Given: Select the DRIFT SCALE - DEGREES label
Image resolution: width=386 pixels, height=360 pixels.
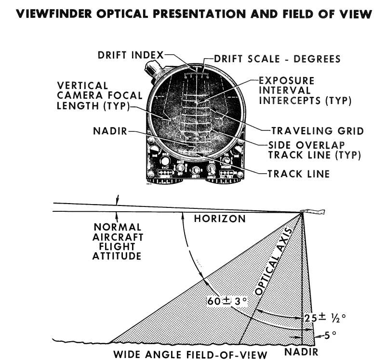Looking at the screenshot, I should pyautogui.click(x=277, y=59).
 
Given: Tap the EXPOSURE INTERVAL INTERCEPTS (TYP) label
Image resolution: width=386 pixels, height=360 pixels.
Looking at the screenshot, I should pyautogui.click(x=304, y=90).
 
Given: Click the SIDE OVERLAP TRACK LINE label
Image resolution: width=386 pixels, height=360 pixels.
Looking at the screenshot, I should pyautogui.click(x=315, y=150).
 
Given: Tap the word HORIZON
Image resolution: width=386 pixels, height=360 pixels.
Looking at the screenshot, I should pyautogui.click(x=219, y=219).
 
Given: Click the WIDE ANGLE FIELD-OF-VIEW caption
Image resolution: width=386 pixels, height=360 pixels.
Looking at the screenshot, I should pyautogui.click(x=190, y=355).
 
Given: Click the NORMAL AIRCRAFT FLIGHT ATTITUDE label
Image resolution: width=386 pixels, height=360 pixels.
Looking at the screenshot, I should pyautogui.click(x=118, y=241).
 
